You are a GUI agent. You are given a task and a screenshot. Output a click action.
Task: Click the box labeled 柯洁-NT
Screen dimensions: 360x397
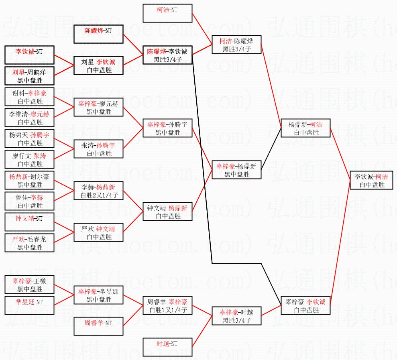click(167, 13)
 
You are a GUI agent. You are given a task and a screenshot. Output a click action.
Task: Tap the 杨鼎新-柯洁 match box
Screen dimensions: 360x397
click(305, 128)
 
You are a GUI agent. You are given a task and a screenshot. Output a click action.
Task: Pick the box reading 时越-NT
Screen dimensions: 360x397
click(167, 347)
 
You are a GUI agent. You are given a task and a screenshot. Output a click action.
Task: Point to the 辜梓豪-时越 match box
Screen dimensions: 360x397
click(236, 316)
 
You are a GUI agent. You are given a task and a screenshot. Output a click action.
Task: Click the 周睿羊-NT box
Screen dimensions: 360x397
click(98, 326)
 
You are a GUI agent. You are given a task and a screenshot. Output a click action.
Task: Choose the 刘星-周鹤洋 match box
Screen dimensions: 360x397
click(29, 76)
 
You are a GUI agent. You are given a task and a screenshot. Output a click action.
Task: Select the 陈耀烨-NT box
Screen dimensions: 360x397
click(98, 34)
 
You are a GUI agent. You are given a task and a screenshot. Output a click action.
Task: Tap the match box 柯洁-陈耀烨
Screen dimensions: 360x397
click(236, 45)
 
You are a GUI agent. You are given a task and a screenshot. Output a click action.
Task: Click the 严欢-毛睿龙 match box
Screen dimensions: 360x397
click(29, 243)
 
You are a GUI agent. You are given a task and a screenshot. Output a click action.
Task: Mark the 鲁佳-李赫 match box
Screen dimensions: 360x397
click(29, 201)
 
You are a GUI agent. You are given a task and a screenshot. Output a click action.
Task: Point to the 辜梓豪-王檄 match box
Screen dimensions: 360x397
click(29, 285)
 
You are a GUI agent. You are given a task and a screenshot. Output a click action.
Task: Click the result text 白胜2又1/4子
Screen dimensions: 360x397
click(98, 195)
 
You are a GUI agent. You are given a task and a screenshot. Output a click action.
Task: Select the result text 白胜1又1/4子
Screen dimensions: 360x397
click(167, 310)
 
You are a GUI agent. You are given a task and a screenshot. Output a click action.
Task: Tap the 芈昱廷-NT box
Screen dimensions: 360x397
click(29, 306)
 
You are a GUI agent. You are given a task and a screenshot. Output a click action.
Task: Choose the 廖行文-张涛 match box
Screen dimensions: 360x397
click(29, 160)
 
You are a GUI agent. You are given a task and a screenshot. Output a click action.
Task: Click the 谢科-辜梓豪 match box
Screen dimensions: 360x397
click(29, 97)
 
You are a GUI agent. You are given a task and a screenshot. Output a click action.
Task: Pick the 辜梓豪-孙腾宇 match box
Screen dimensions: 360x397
click(167, 128)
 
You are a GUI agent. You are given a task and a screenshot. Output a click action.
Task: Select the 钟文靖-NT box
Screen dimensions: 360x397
click(29, 222)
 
